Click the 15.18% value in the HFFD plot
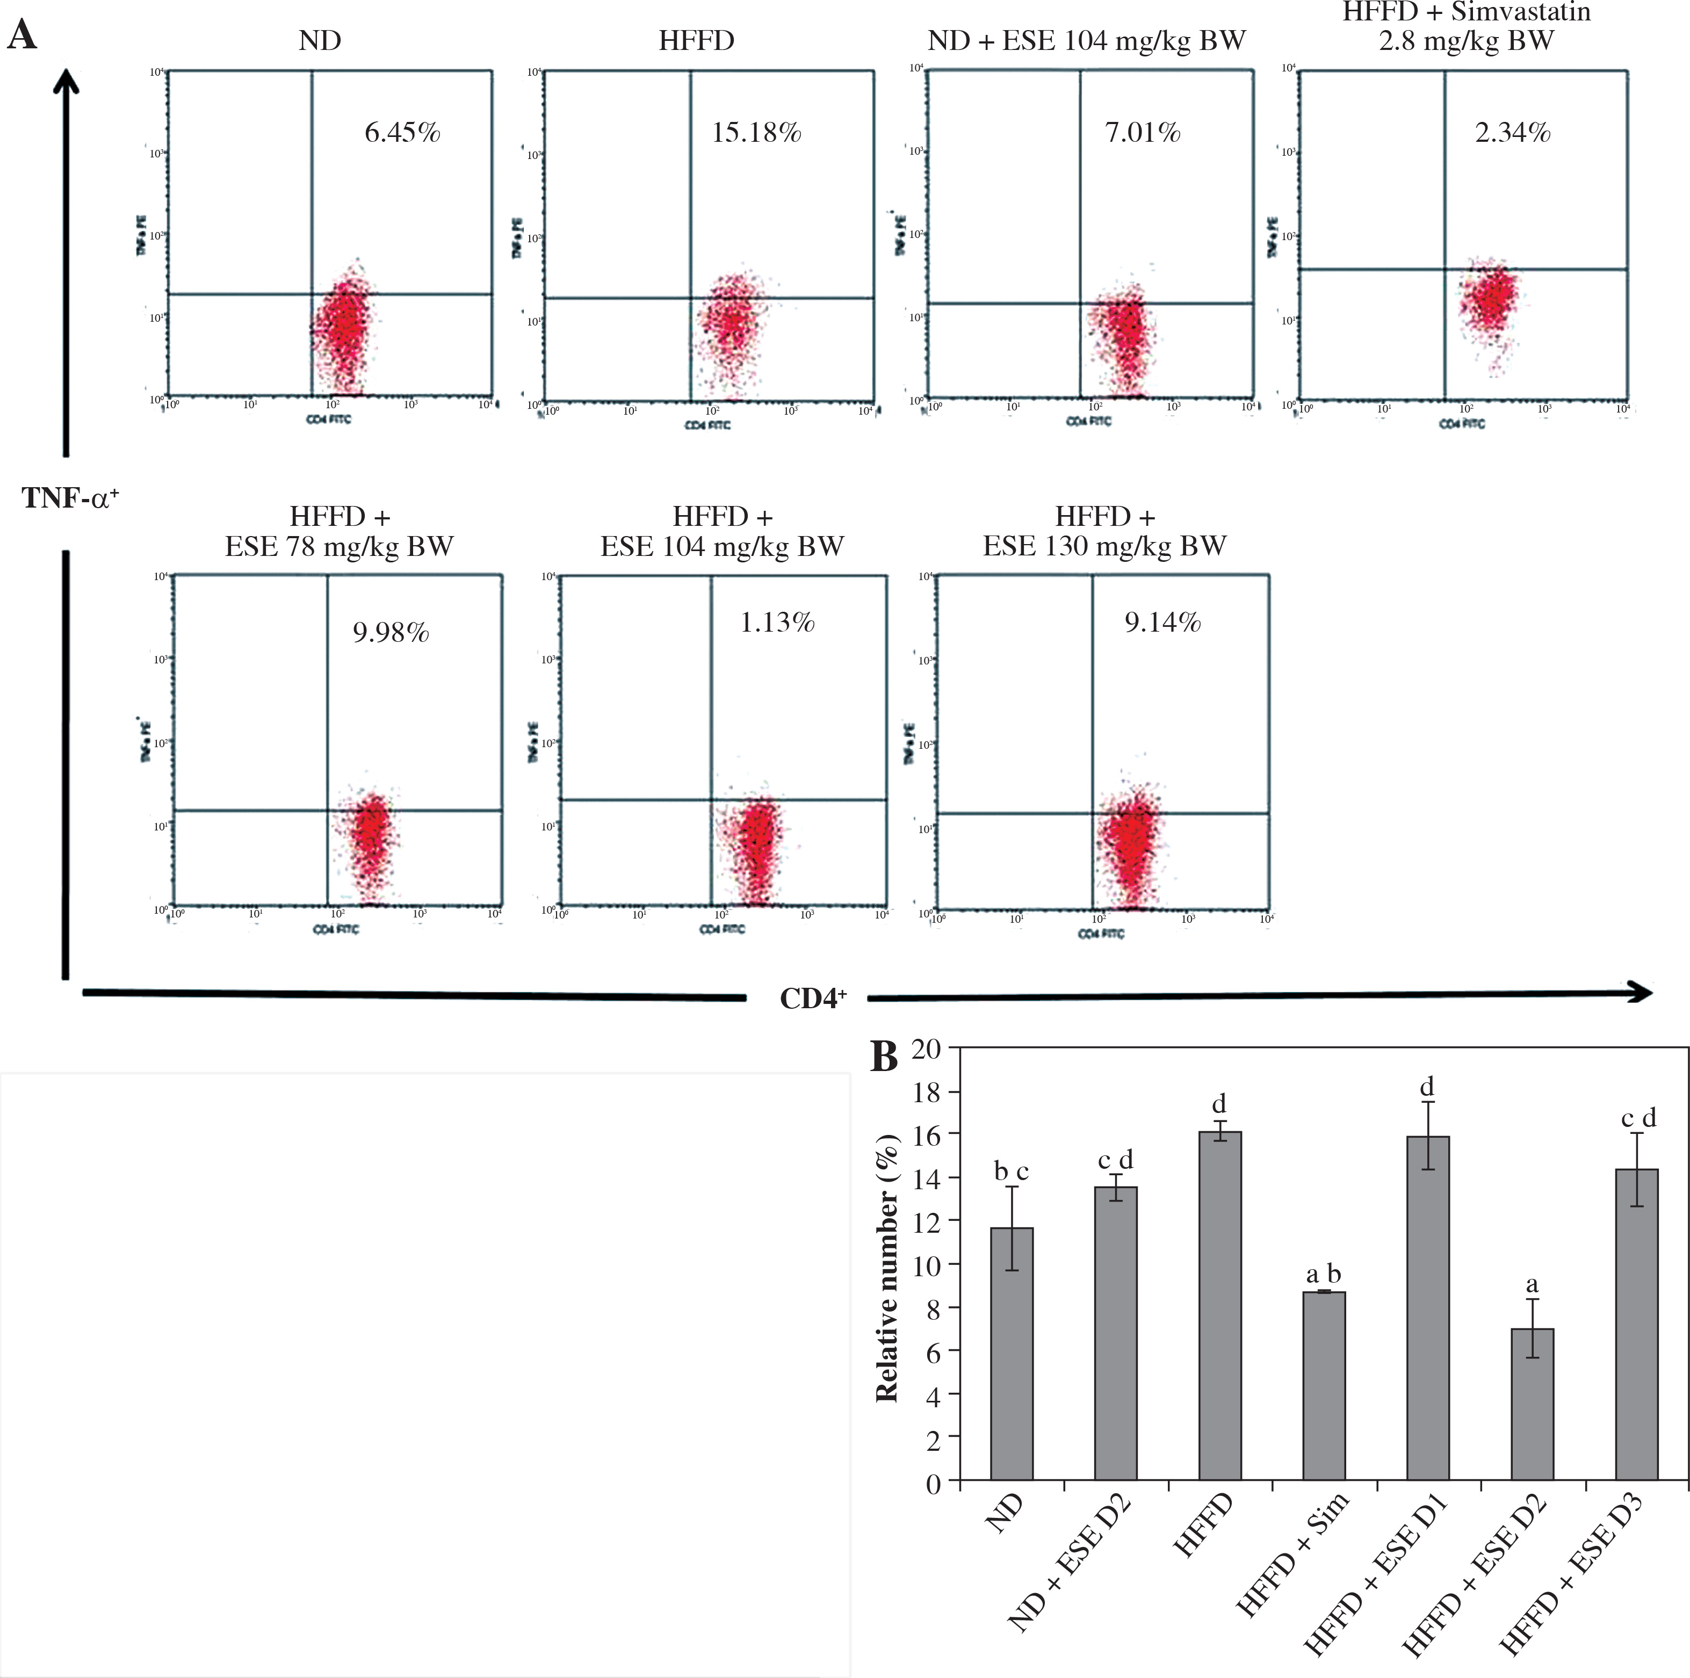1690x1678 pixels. pos(757,133)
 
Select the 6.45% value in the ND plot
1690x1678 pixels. pos(402,133)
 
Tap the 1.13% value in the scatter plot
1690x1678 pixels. pos(778,623)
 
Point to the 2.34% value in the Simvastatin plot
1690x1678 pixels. pos(1512,133)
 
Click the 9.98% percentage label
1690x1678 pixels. pos(391,633)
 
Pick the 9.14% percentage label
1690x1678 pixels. pos(1162,623)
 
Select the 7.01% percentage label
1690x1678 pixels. pos(1143,133)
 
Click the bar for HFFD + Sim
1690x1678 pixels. pos(1324,1387)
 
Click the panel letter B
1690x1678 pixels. pos(884,1058)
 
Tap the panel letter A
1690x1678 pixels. pos(22,36)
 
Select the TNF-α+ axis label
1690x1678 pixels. pos(70,498)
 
